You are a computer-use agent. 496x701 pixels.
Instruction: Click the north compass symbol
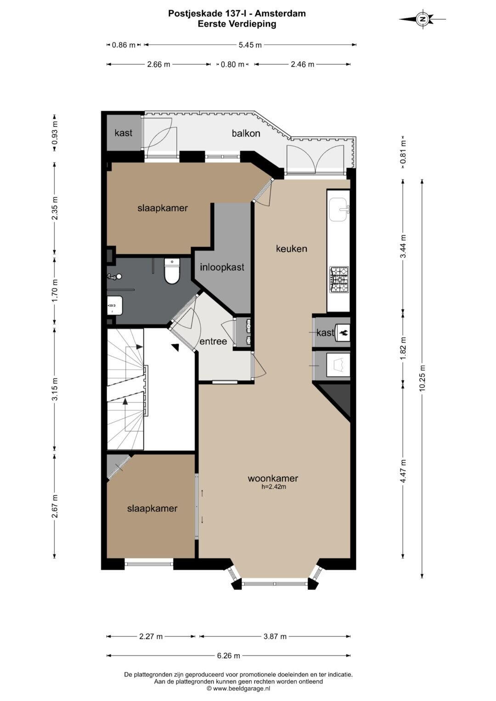coord(423,19)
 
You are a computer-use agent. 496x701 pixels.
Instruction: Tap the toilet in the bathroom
coord(172,271)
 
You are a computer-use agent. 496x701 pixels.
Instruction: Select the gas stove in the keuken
coord(339,280)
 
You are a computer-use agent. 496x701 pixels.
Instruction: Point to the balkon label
coord(246,133)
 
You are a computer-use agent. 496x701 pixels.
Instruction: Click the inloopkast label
coord(222,267)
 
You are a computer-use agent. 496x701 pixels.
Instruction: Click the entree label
coord(213,341)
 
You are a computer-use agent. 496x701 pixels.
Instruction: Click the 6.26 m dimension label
coord(229,656)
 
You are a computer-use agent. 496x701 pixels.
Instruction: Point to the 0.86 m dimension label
coord(124,45)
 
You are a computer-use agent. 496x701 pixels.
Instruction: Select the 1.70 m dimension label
coord(55,291)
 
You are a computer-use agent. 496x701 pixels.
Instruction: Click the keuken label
coord(292,248)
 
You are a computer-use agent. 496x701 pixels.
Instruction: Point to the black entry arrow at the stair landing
coord(175,347)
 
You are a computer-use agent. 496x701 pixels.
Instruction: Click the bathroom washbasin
coord(114,305)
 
